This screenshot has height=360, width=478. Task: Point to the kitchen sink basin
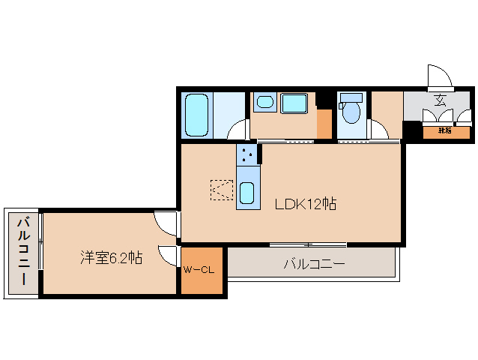(x=247, y=193)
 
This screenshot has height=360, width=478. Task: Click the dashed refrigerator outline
(x=223, y=190)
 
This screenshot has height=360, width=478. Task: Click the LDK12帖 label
(x=304, y=203)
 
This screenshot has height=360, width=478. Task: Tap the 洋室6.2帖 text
(x=112, y=257)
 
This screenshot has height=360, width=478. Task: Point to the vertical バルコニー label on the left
(x=24, y=252)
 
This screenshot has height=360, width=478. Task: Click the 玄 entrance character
(x=441, y=100)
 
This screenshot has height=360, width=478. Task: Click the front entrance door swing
(x=439, y=76)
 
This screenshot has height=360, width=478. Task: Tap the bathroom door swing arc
(x=238, y=129)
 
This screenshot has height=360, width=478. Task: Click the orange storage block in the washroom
(x=324, y=124)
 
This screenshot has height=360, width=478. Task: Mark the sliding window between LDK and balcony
(x=308, y=244)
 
